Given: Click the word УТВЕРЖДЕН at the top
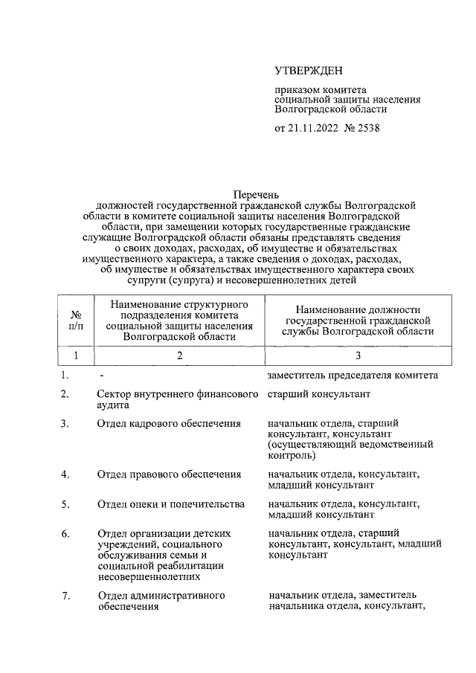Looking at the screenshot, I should pyautogui.click(x=309, y=71).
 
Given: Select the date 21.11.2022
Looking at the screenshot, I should pyautogui.click(x=312, y=128).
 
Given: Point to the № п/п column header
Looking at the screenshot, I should pyautogui.click(x=76, y=320).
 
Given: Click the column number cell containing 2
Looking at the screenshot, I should pyautogui.click(x=179, y=356).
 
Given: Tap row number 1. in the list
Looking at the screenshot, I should pyautogui.click(x=66, y=375).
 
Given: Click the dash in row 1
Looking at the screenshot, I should pyautogui.click(x=100, y=375).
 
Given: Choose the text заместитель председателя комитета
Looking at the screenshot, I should pyautogui.click(x=352, y=375).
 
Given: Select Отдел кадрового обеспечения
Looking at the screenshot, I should pyautogui.click(x=169, y=424).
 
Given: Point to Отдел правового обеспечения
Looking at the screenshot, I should pyautogui.click(x=169, y=474).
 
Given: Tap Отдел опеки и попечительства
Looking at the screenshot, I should pyautogui.click(x=171, y=504).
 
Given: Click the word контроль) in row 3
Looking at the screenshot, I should pyautogui.click(x=292, y=455).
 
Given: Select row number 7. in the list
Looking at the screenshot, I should pyautogui.click(x=66, y=596).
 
